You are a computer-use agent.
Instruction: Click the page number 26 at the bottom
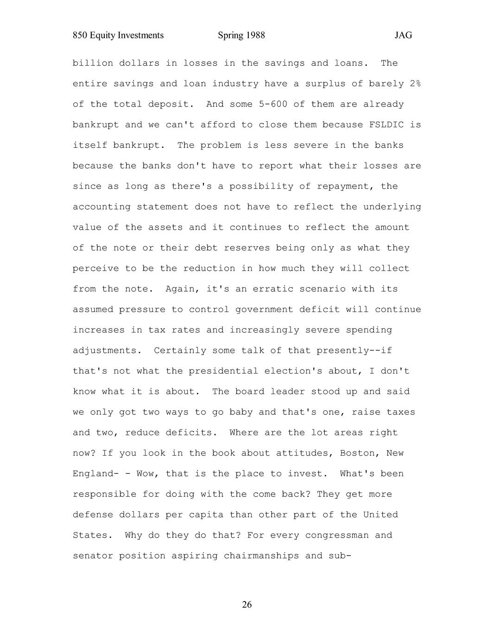(247, 604)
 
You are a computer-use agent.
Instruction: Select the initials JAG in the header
(403, 35)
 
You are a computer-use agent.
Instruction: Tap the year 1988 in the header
(255, 35)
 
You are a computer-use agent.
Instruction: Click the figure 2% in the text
(415, 84)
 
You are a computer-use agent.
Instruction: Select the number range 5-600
(270, 104)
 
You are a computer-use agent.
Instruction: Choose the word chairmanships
(261, 556)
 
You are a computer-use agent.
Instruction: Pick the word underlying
(392, 207)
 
